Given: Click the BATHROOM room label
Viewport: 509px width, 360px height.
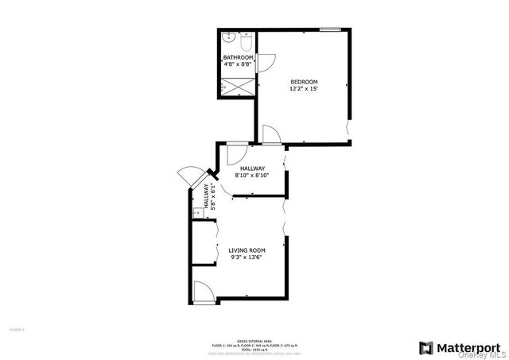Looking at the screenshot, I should pos(238,58).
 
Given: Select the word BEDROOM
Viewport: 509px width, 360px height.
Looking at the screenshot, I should pos(304,83).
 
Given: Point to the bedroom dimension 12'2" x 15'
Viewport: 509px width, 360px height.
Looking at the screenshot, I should pos(304,90).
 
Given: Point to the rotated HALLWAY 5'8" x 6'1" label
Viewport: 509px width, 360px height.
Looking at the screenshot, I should pos(208,195).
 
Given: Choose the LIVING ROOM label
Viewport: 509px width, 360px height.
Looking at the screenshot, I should pos(247,250).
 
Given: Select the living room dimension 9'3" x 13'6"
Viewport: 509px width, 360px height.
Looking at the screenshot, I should pos(247,257).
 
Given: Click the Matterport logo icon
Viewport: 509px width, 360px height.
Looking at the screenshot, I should pos(425,347).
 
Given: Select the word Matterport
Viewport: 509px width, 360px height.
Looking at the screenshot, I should pos(469,347).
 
